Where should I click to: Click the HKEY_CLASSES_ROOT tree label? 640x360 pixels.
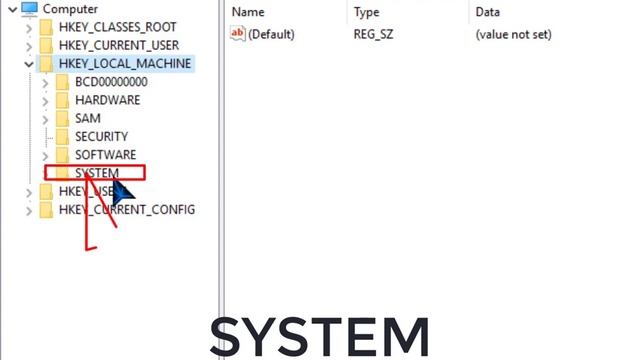119,28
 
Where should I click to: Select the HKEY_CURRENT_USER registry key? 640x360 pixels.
119,46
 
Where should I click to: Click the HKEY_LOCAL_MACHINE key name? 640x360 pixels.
125,64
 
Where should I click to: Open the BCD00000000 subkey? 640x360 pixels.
111,82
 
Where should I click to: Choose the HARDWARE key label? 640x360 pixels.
107,100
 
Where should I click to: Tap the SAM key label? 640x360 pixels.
88,118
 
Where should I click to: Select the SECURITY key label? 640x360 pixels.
101,136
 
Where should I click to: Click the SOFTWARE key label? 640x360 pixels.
105,155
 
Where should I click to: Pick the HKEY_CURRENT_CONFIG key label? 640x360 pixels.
127,209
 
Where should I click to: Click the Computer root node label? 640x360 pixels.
70,9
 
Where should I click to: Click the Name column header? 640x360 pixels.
248,12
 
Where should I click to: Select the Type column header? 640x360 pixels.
366,12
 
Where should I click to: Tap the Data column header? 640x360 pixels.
488,12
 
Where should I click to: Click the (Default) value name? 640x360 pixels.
271,34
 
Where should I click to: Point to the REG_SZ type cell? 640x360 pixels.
375,34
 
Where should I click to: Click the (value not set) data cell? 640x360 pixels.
513,34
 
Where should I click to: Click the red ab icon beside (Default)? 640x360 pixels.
238,34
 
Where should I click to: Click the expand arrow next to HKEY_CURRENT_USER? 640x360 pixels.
28,46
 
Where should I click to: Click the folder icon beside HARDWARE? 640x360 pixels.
62,100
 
